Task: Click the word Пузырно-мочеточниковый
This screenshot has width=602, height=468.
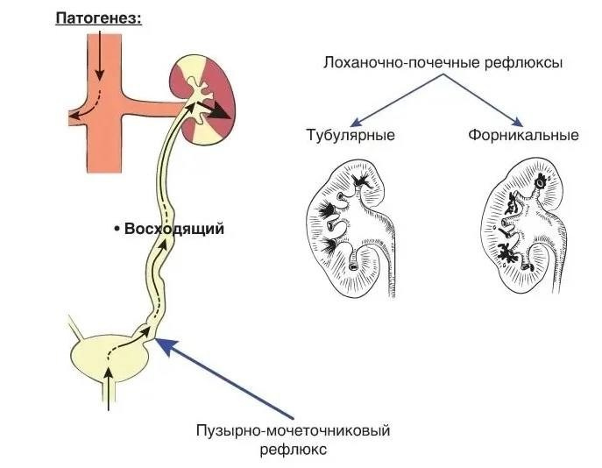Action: point(292,430)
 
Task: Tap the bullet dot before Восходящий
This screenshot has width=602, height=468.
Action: point(117,230)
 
